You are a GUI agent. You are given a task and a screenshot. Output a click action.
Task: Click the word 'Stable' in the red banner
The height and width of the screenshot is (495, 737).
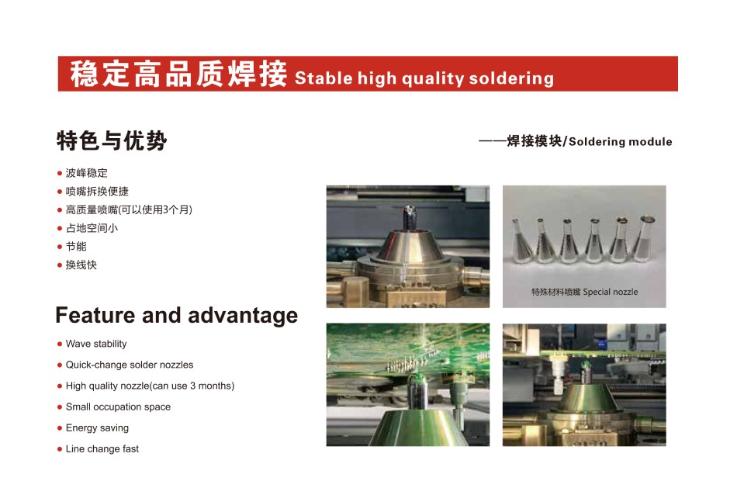[x=324, y=78]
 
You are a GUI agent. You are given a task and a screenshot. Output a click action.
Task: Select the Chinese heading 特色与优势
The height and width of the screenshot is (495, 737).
[x=112, y=140]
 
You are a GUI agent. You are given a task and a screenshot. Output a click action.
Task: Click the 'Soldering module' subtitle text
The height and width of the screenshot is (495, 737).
[x=620, y=141]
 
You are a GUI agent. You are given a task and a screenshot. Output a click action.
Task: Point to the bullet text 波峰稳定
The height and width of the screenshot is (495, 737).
[x=86, y=173]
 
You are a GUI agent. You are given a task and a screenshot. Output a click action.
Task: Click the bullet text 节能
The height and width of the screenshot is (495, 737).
[x=76, y=246]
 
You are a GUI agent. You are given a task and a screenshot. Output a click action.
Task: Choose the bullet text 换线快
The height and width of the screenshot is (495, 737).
[x=81, y=265]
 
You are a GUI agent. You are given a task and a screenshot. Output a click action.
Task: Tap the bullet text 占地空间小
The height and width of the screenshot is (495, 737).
[x=92, y=228]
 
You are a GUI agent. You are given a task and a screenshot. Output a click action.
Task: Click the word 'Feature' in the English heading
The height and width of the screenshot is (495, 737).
[x=95, y=315]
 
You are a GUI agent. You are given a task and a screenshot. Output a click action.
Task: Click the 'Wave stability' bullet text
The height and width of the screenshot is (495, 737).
[x=96, y=344]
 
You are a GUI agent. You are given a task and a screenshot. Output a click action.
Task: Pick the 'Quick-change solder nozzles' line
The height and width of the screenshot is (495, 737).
[x=130, y=365]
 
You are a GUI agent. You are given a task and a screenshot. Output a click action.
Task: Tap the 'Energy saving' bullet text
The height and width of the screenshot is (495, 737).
[x=97, y=427]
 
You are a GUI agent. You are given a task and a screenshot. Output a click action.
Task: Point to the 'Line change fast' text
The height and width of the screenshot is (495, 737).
[x=102, y=449]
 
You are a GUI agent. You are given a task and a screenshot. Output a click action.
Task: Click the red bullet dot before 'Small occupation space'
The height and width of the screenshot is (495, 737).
[x=60, y=407]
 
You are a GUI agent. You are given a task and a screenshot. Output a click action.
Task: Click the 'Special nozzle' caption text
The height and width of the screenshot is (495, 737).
[x=611, y=292]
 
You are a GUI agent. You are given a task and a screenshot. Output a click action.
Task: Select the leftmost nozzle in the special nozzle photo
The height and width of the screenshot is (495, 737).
[x=521, y=240]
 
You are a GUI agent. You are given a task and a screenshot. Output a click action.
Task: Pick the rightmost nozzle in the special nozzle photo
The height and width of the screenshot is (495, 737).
[x=644, y=238]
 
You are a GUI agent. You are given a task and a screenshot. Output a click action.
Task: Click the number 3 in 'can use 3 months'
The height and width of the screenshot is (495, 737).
[x=192, y=386]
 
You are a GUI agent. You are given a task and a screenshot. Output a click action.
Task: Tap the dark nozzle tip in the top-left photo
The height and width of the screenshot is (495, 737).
[x=408, y=217]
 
